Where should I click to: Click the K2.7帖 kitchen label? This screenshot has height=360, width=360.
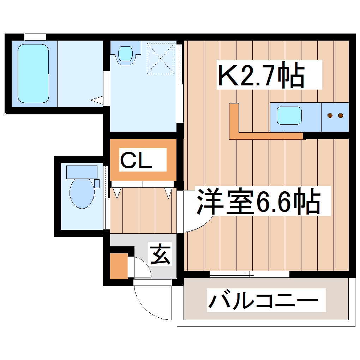tap(260, 74)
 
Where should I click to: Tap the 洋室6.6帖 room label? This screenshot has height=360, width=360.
tap(259, 202)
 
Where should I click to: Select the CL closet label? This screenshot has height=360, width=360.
tap(136, 160)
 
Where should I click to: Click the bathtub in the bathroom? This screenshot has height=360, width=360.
tap(33, 73)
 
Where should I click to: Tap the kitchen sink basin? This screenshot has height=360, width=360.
tap(289, 116)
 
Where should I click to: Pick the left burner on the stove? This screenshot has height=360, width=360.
tap(330, 115)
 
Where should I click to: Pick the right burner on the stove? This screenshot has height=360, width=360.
tap(341, 115)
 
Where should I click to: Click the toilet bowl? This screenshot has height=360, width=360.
tap(82, 193)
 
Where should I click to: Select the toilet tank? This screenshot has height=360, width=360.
tap(82, 172)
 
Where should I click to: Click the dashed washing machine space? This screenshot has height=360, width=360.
tap(161, 58)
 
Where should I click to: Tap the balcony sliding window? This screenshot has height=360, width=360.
tap(250, 274)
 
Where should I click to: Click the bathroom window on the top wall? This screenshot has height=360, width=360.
tap(35, 36)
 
